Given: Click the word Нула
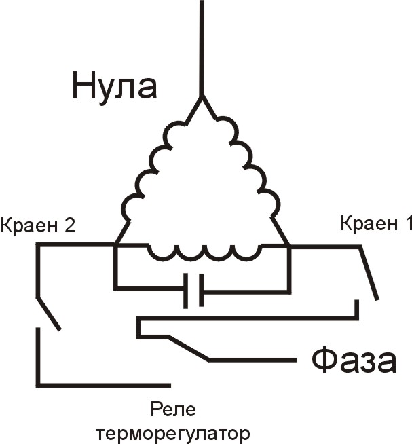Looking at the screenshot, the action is coord(115,86).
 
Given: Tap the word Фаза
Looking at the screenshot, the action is coord(354,360).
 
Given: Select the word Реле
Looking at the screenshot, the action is coord(173,410).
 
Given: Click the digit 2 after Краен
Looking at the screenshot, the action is coord(69,226).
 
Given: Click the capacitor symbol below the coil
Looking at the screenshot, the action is coord(193,290).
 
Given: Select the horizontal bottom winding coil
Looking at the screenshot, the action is coord(204,253).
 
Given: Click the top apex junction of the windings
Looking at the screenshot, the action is coord(202,97).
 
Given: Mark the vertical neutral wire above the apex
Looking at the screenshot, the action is coord(202,48).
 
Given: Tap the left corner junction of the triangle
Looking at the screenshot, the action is coord(115,245).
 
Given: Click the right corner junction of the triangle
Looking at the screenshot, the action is coord(288,246).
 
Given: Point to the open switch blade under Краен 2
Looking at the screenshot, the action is coord(48,314).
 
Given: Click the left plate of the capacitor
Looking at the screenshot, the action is coord(185,291).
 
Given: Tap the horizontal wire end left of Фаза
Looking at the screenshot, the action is coord(296,360).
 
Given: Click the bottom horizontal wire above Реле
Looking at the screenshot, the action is coord(105,385).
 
